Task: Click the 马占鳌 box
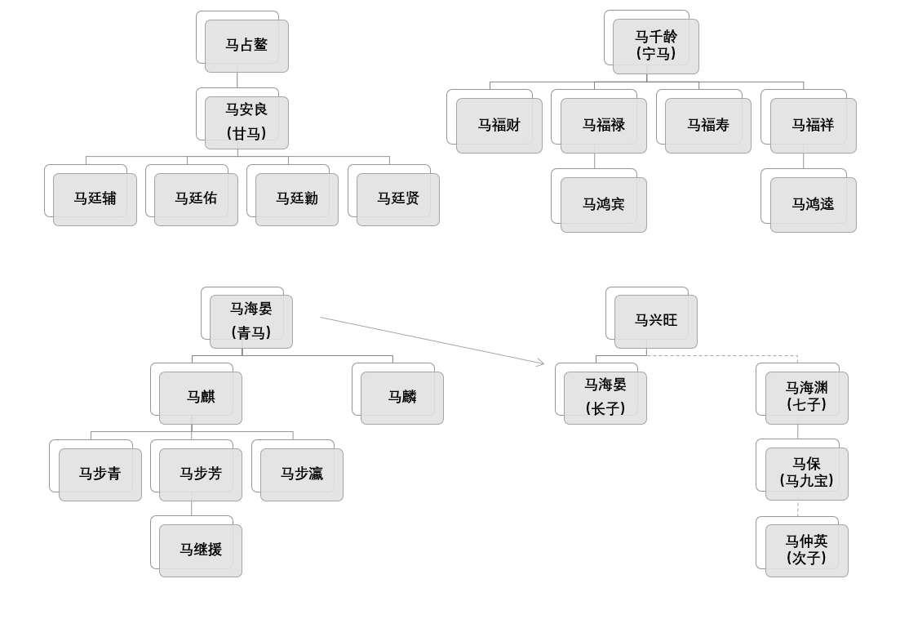(246, 46)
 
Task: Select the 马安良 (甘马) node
(246, 122)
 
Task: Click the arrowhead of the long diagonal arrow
(543, 363)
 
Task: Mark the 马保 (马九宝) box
(807, 474)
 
